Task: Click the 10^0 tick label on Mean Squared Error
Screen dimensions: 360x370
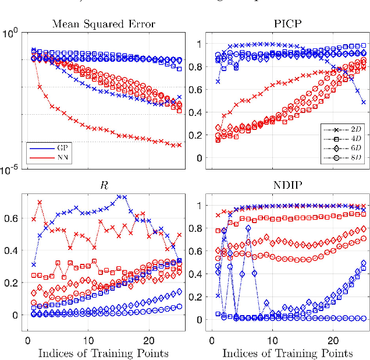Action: (13, 33)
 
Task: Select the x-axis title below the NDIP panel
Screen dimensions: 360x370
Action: (288, 353)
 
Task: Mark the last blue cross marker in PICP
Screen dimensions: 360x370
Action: (364, 102)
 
